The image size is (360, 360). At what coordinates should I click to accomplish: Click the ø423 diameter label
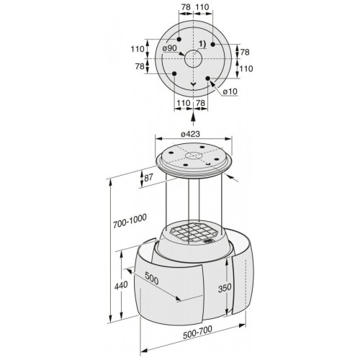click(190, 134)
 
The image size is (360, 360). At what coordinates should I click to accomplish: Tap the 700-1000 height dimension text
click(130, 221)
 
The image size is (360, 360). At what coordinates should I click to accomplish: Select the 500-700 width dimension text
click(197, 332)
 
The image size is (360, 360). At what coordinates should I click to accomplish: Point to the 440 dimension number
click(121, 286)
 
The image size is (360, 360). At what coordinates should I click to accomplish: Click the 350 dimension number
click(225, 288)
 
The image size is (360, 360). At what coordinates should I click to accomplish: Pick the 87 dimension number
click(148, 178)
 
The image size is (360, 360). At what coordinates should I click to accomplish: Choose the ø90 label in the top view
click(169, 48)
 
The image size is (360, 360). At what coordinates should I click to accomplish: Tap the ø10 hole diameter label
click(230, 91)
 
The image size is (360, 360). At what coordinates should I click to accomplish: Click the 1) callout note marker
click(202, 44)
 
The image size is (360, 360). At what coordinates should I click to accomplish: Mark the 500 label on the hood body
click(152, 279)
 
